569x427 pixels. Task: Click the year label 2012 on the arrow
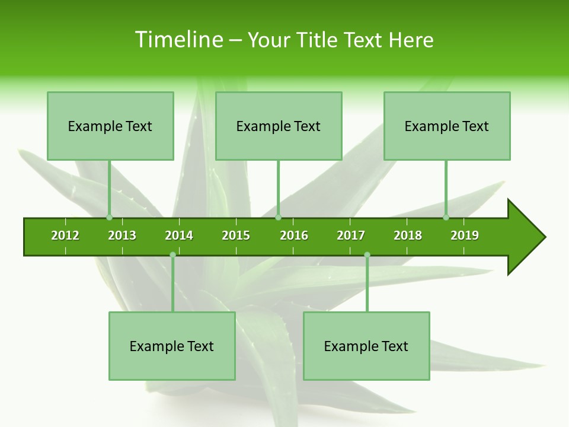[65, 235]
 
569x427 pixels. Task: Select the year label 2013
[122, 235]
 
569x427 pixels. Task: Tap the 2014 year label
[179, 235]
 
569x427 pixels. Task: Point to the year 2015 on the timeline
[236, 235]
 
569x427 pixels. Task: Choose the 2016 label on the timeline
[294, 235]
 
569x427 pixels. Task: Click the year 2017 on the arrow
[351, 235]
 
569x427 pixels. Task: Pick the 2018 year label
[408, 235]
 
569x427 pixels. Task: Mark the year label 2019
[465, 235]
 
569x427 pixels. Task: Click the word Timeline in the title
[178, 40]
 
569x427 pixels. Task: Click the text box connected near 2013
[110, 126]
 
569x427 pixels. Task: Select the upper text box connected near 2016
[279, 126]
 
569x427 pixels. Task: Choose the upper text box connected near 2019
[447, 126]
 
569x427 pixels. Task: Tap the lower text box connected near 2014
[172, 346]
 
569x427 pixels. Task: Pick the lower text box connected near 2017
[366, 346]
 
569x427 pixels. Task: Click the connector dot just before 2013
[109, 218]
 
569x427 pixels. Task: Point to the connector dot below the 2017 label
[367, 255]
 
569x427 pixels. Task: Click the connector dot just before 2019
[446, 218]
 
